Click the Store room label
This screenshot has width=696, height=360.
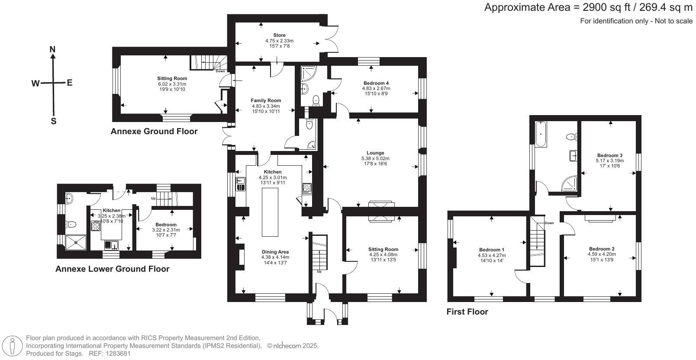coord(279,35)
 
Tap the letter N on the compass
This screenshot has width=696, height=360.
coord(53,50)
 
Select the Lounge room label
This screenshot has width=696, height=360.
coord(375,153)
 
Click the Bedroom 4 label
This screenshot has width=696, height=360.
coord(376,83)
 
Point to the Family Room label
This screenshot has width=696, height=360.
coord(266,100)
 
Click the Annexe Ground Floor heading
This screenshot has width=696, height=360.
coord(154,131)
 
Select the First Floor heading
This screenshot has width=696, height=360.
coord(467,312)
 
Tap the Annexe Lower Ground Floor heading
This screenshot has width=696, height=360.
coord(113,269)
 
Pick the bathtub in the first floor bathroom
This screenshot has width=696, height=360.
coord(541,135)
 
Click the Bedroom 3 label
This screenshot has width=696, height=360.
coord(609,155)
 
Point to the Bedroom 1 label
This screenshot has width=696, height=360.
coord(492,250)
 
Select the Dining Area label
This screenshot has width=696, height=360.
coord(275,252)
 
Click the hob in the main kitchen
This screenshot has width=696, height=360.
coord(307,188)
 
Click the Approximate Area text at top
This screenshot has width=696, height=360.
coord(588,7)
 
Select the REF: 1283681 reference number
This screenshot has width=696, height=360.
coord(110,354)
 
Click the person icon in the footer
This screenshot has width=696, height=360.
coord(13,346)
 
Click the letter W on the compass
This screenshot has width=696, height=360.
coord(35,83)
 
